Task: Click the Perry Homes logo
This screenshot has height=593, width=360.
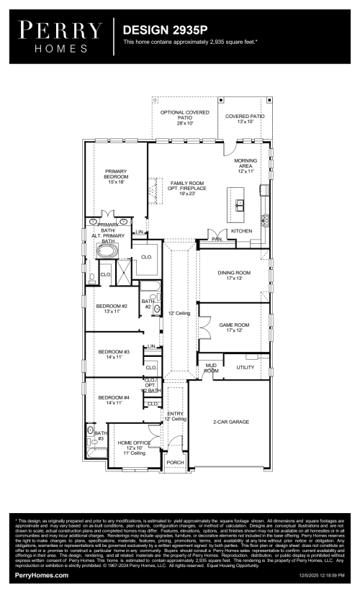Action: [x=60, y=37]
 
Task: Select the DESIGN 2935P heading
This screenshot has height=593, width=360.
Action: [x=165, y=31]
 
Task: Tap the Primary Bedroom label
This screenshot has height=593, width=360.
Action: [x=116, y=176]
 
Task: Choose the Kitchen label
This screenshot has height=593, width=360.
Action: [x=241, y=231]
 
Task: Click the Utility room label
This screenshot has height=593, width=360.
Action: [x=246, y=368]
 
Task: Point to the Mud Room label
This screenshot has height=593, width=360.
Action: [x=210, y=368]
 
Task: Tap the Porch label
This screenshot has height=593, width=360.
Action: [x=174, y=463]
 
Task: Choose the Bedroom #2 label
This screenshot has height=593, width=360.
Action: [x=112, y=309]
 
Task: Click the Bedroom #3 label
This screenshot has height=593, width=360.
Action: [x=114, y=355]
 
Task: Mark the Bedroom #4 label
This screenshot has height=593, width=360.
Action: [x=114, y=400]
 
